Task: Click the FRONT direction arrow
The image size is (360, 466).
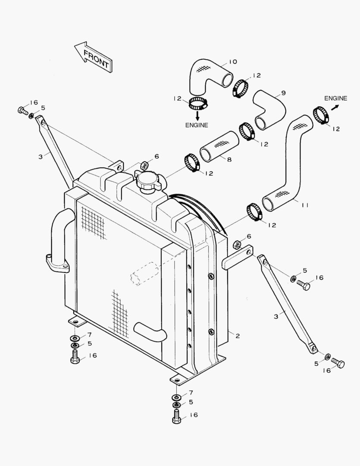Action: [94, 57]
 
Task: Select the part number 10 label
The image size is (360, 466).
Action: [232, 62]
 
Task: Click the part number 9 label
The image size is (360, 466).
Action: [283, 93]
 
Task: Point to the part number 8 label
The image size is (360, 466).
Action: [229, 160]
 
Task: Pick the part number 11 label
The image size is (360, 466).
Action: [305, 206]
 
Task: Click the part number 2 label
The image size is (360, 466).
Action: [238, 336]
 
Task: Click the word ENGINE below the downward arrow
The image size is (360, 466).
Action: [197, 125]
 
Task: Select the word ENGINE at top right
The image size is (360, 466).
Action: [336, 98]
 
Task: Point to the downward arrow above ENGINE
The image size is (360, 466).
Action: [197, 115]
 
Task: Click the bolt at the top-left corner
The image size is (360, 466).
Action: [23, 110]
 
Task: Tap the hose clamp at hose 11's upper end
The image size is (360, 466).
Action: [321, 114]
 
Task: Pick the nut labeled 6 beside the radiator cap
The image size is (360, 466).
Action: [145, 165]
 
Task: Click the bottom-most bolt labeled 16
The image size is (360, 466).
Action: [177, 416]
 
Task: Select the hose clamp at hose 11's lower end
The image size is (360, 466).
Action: [254, 212]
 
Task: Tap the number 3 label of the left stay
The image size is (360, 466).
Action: [40, 157]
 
